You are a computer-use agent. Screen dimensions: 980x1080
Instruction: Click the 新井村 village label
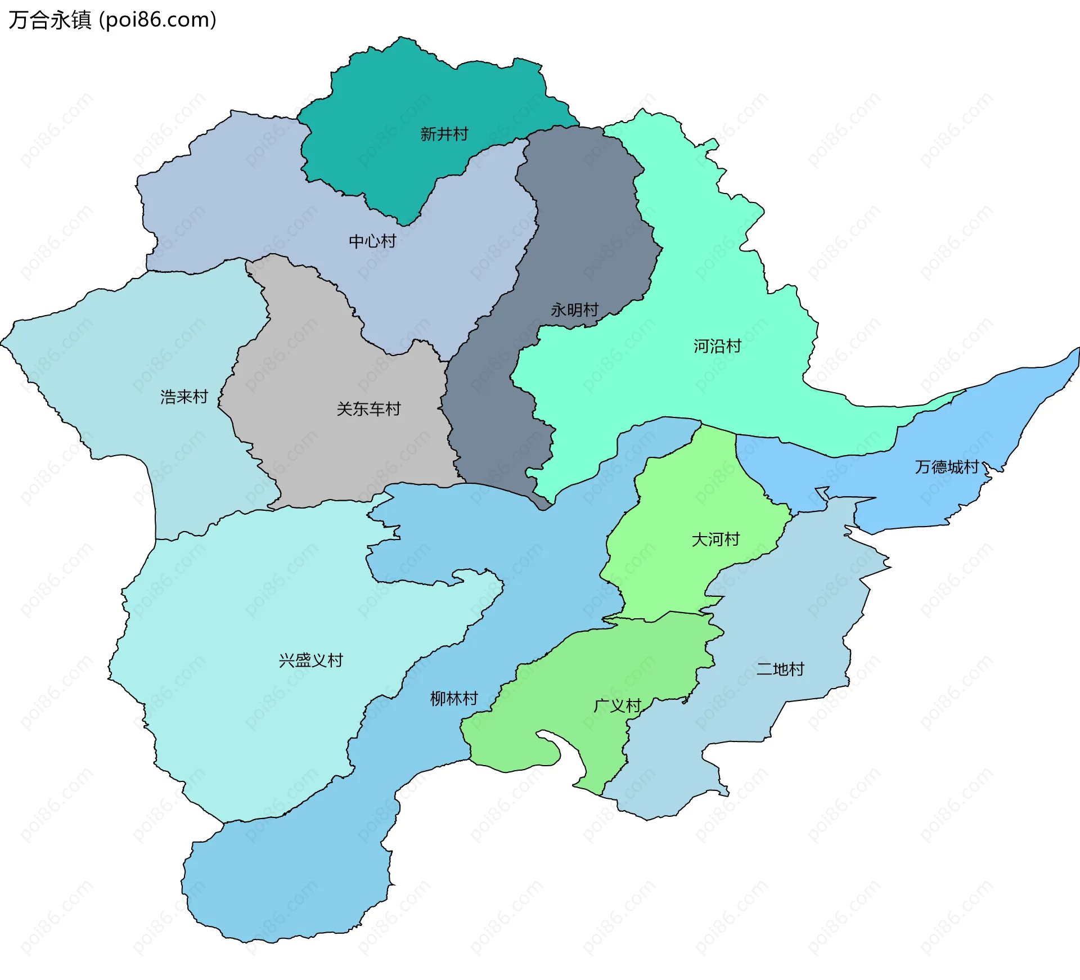pos(444,134)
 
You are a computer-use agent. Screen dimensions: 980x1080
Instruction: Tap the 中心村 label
pos(372,241)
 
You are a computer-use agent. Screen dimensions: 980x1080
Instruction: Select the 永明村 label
pos(574,309)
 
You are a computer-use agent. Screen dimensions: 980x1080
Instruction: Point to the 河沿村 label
pos(717,345)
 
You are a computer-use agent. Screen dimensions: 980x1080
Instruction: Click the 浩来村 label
pos(184,397)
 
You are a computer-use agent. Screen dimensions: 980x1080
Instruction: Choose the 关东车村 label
pos(368,408)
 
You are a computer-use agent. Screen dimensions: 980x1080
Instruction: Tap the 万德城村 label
pos(947,466)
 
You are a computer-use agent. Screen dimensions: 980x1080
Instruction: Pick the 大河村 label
pos(715,539)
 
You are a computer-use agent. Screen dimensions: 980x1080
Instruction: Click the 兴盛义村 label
pos(310,660)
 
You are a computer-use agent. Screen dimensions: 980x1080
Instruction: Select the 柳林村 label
pos(453,698)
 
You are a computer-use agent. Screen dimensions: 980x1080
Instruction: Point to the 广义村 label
pos(617,705)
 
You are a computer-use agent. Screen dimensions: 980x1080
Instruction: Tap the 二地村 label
pos(780,669)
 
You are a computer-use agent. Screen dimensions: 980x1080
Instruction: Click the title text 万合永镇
pos(49,20)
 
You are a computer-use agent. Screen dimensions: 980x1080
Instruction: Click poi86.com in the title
pos(157,20)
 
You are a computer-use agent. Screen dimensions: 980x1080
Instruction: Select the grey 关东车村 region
pos(337,450)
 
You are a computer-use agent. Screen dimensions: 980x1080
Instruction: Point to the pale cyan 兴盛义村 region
pos(253,731)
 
